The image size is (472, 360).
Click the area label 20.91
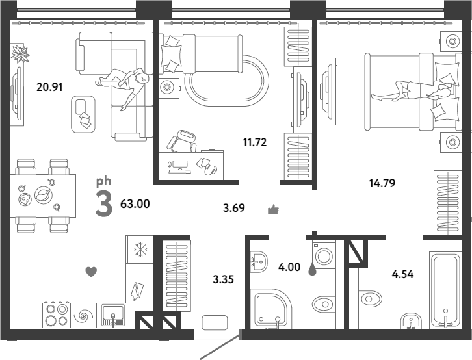49,87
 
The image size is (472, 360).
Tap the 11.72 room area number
255,142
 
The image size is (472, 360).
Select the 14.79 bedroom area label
382,183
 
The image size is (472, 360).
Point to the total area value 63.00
135,204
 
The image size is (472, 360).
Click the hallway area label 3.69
234,208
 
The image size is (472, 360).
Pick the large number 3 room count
104,203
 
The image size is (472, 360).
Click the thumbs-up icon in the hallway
273,209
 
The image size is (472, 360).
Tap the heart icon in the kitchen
91,272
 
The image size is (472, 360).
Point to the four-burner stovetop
57,315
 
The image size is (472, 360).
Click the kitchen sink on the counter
113,315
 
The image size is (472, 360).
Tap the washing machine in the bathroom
324,255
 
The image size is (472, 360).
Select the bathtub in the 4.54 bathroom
445,290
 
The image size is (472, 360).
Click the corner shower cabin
270,309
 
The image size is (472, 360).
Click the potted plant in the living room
20,53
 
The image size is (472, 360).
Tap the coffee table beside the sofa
83,114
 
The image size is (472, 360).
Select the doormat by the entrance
215,323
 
